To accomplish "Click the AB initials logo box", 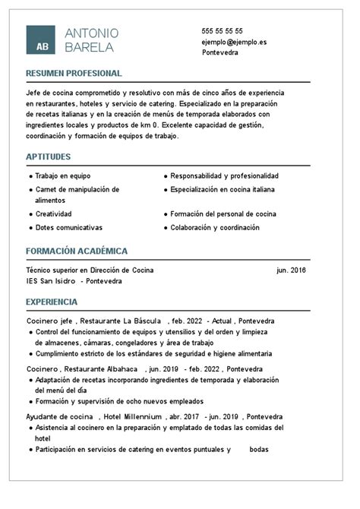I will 41,40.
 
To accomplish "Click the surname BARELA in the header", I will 90,47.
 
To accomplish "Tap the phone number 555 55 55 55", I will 223,30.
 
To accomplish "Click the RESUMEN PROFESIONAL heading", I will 74,73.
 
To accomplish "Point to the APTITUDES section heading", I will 48,156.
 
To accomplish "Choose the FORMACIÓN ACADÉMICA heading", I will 77,251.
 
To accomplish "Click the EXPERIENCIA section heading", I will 52,302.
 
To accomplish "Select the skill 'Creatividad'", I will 53,214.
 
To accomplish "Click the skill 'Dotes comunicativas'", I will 68,227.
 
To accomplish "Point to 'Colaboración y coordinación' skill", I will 215,227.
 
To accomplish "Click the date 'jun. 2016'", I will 292,270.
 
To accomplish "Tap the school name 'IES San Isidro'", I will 50,280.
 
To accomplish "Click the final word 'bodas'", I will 259,449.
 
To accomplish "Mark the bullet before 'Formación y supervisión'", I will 30,401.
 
